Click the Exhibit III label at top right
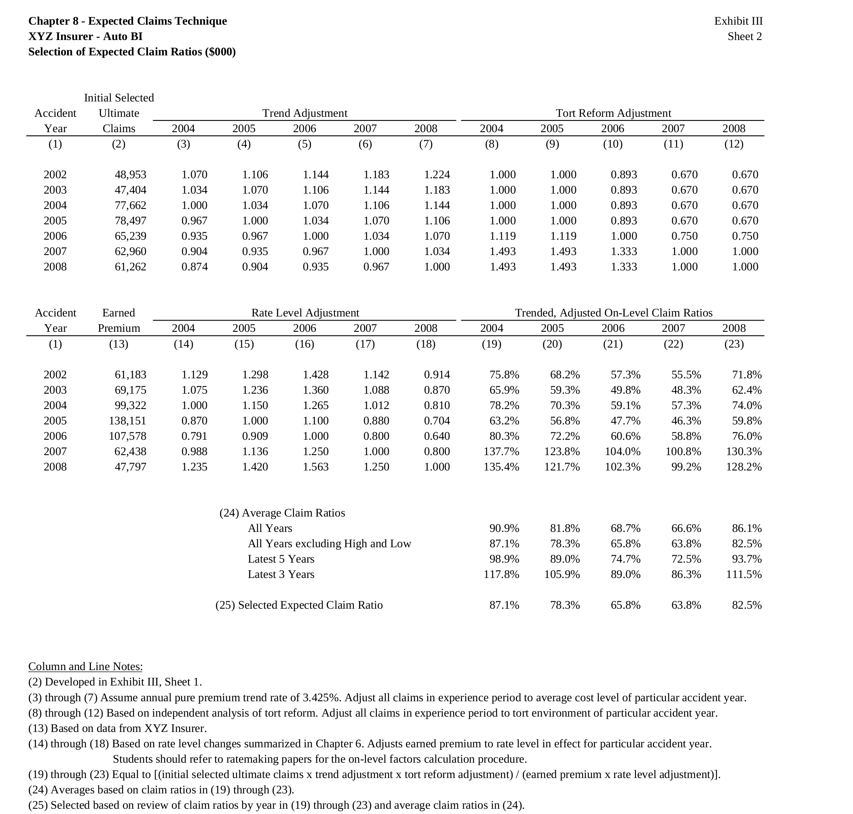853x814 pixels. tap(738, 21)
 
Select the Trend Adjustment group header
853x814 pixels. tap(305, 113)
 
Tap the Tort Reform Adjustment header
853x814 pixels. tap(613, 113)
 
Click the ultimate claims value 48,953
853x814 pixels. tap(130, 175)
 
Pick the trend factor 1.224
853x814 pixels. tap(437, 175)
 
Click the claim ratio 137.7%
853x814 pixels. tap(501, 452)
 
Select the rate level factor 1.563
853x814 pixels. tap(316, 467)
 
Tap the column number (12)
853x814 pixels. tap(734, 144)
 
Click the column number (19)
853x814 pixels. tap(492, 344)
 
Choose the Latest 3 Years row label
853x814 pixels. tap(281, 574)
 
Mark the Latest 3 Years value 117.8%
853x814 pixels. tap(501, 574)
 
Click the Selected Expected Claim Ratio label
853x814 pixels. tap(299, 605)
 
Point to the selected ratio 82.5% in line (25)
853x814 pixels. tap(747, 605)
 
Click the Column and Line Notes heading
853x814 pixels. tap(86, 666)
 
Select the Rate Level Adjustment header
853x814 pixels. tap(305, 313)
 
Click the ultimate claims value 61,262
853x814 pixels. tap(130, 267)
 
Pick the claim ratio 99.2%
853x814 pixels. tap(686, 467)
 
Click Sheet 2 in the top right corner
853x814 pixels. tap(745, 36)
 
